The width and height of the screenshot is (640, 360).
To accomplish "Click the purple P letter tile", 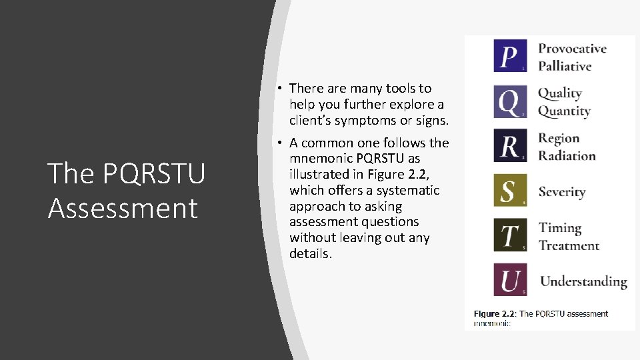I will point(510,56).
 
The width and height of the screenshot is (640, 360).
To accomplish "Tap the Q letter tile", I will point(510,101).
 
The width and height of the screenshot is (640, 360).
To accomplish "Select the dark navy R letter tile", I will point(510,146).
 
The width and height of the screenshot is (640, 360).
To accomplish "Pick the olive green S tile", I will point(510,191).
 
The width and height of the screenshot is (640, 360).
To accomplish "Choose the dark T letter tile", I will point(510,235).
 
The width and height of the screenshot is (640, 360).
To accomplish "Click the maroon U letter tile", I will point(510,280).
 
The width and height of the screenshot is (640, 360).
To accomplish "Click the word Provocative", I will point(572,49).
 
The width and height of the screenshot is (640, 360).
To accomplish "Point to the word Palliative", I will point(565,66).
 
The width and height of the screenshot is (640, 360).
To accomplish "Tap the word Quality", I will point(560,93).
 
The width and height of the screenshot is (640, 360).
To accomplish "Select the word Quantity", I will point(564,111).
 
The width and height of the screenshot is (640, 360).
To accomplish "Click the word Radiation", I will point(567,156).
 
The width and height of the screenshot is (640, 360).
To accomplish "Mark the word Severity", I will point(562,192).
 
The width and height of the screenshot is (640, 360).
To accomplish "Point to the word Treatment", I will point(569,245).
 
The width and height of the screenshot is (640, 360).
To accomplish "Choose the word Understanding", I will point(583,282).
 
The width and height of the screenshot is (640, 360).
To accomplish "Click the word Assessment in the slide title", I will point(123,208).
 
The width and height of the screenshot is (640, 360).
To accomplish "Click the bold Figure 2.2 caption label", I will point(494,313).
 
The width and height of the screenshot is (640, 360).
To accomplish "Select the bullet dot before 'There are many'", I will point(283,88).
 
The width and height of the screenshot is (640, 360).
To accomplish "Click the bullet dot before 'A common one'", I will point(283,143).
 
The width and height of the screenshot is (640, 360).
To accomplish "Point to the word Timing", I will point(560,228).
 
